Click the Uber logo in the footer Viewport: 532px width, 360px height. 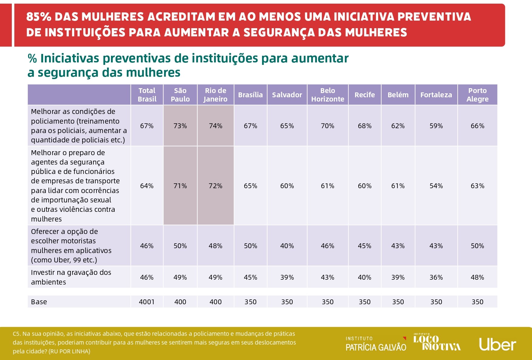click(497, 345)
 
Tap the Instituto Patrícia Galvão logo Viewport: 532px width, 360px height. click(376, 344)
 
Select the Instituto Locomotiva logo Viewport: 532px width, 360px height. click(437, 342)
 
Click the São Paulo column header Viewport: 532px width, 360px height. click(180, 95)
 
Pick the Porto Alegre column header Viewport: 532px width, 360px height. click(477, 95)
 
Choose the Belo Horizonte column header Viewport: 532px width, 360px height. click(328, 95)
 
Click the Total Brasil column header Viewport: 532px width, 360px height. click(147, 95)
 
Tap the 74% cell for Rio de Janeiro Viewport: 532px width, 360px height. click(216, 126)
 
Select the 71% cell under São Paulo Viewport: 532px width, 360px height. click(180, 186)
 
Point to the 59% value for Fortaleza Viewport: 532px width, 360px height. click(436, 126)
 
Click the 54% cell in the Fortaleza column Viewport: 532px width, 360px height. click(436, 186)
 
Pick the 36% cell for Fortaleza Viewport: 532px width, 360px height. click(436, 277)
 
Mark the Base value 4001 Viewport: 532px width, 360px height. click(147, 302)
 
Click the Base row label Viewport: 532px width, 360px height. click(39, 302)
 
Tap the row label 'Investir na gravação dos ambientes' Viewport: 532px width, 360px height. click(71, 277)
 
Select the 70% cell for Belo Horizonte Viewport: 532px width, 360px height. click(328, 126)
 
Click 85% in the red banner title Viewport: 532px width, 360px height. click(39, 17)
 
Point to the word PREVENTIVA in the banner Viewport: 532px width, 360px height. click(434, 17)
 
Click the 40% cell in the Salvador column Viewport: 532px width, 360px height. click(287, 246)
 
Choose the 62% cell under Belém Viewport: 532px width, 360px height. click(398, 126)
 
